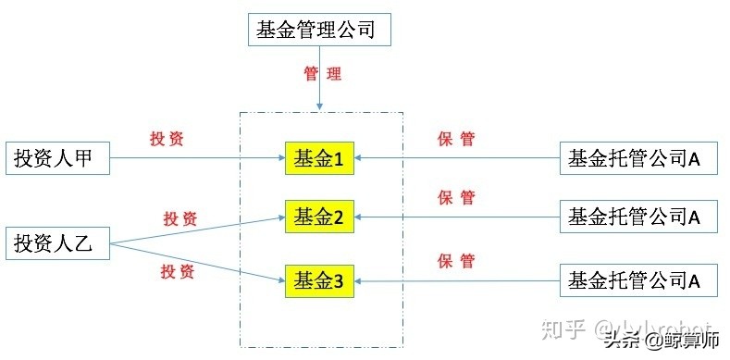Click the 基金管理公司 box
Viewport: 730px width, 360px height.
tap(320, 30)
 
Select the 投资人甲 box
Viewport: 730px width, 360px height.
tap(58, 158)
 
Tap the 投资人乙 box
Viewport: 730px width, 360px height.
tap(58, 244)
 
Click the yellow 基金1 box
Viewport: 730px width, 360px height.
tap(319, 159)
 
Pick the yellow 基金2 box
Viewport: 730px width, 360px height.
tap(319, 217)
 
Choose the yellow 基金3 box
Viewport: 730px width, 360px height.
tap(319, 278)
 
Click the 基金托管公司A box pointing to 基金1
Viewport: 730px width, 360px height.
tap(639, 158)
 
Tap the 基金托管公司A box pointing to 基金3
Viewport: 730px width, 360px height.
tap(639, 278)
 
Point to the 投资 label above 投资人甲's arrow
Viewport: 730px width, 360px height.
tap(167, 139)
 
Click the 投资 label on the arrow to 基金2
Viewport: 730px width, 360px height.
tap(180, 218)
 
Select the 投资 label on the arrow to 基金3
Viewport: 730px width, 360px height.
tap(178, 272)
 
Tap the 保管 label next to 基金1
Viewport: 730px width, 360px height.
tap(456, 140)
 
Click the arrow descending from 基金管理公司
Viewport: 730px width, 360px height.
tap(319, 93)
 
